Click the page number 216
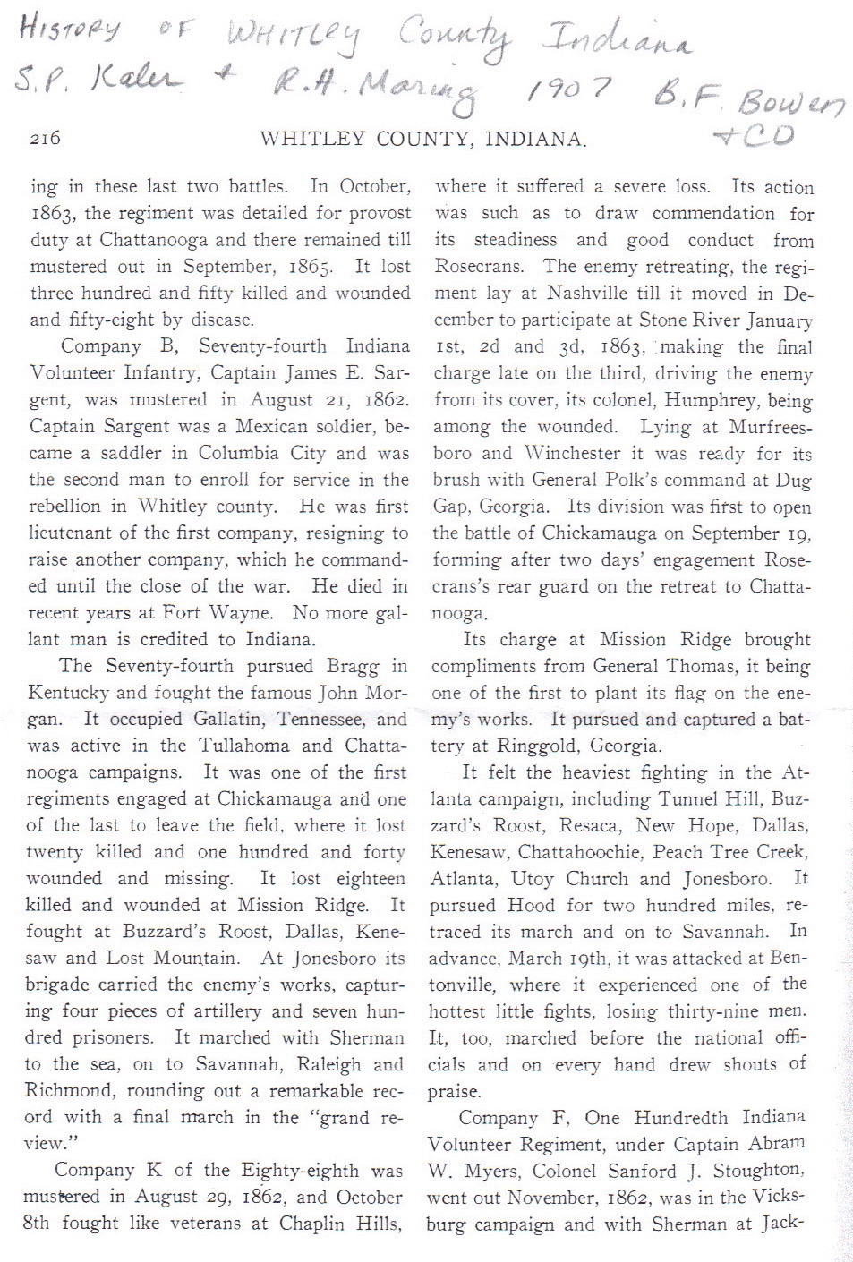tap(45, 139)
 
